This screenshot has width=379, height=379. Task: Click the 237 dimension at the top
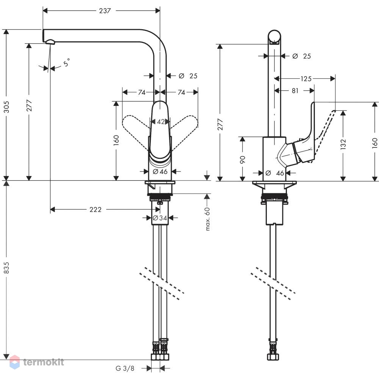click(x=105, y=11)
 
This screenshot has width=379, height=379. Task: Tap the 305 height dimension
click(x=6, y=107)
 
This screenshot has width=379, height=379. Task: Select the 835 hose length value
click(x=6, y=268)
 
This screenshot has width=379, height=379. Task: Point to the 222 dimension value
click(x=96, y=209)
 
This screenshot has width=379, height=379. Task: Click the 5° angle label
click(x=67, y=63)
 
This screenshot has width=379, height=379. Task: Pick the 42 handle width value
click(x=161, y=122)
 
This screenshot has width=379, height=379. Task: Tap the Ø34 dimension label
click(x=160, y=218)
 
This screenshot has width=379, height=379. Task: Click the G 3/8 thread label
click(x=125, y=368)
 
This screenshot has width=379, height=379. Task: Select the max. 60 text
click(x=207, y=219)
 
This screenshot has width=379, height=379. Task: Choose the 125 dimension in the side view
click(x=306, y=79)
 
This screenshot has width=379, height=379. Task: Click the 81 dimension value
click(x=295, y=91)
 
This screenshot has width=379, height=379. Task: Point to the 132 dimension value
click(x=343, y=144)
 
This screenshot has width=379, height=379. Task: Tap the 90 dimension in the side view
click(x=243, y=160)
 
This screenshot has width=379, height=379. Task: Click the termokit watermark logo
click(x=37, y=362)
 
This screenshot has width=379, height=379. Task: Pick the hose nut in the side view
click(x=273, y=357)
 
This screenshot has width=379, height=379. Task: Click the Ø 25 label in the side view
click(x=301, y=56)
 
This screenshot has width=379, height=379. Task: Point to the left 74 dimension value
click(x=142, y=92)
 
